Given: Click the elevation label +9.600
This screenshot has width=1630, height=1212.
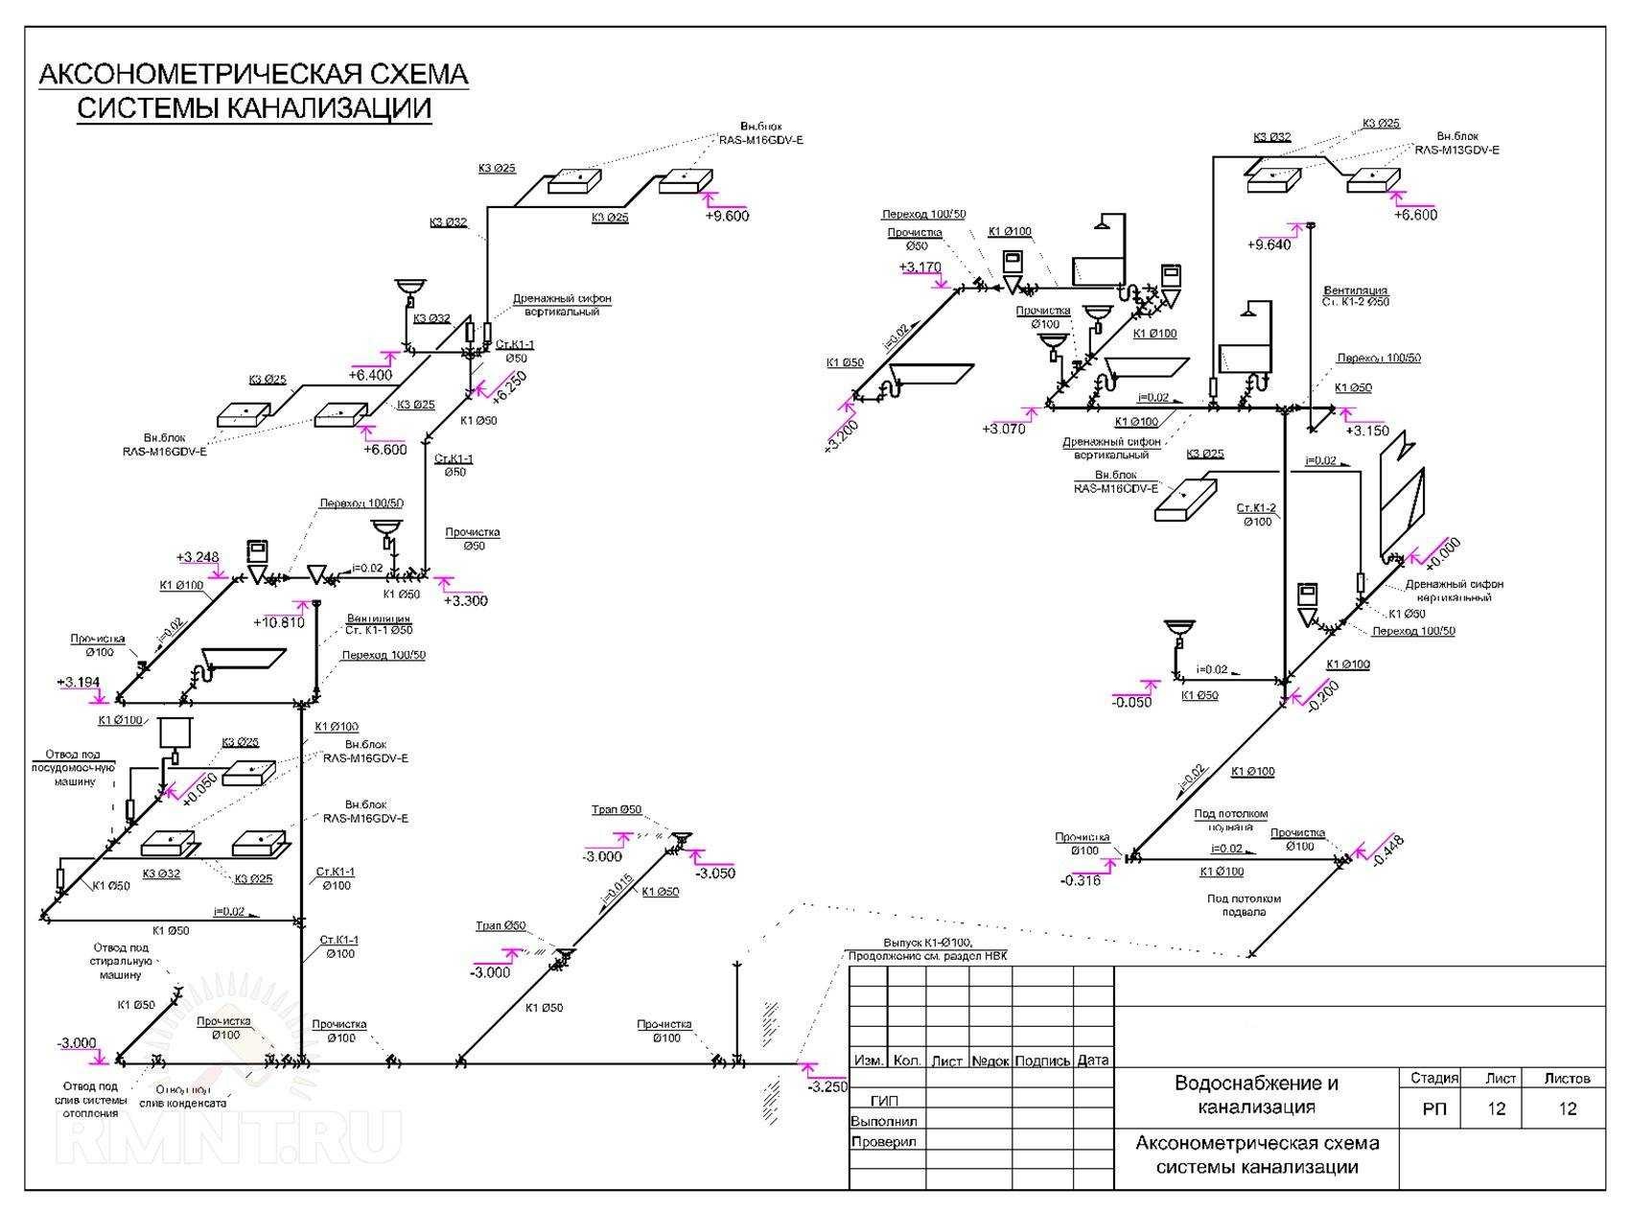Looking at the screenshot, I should [727, 216].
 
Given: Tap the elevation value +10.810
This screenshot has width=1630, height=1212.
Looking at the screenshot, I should [278, 622].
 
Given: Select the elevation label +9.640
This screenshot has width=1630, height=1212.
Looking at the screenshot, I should [1269, 245].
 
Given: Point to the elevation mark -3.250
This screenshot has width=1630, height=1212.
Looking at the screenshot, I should [827, 1087].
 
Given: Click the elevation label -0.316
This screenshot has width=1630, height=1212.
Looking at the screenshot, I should [1080, 880].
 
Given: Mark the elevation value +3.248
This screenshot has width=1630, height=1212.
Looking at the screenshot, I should [198, 558].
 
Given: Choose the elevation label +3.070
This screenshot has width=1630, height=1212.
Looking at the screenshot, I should [1003, 429].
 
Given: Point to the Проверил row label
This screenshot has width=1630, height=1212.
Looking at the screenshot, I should [883, 1142].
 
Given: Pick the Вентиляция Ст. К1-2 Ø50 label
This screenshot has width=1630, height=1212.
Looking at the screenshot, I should [1356, 295].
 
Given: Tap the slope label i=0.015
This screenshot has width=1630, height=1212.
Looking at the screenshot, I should [616, 889].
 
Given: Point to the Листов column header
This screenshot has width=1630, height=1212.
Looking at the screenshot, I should [1567, 1079].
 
